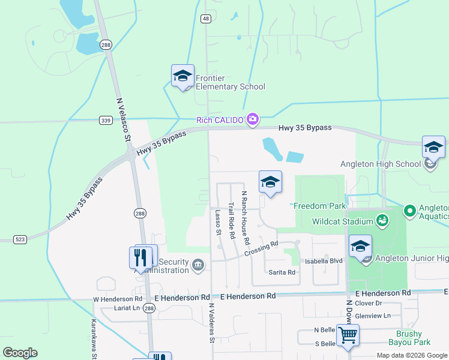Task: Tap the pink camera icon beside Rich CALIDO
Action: coord(253,120)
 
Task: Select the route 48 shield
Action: coord(206,19)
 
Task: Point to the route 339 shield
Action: coord(105,121)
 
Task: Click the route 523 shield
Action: coord(20,239)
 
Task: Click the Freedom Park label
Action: coord(319,206)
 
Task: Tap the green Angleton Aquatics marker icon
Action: coord(409,211)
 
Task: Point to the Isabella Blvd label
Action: coord(324,261)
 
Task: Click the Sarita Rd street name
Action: coord(282,272)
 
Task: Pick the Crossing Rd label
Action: coord(262,248)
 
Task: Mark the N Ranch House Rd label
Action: coord(245,217)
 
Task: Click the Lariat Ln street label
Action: coord(127,308)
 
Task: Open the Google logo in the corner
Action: coord(20,353)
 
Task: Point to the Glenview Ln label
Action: coord(372,316)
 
